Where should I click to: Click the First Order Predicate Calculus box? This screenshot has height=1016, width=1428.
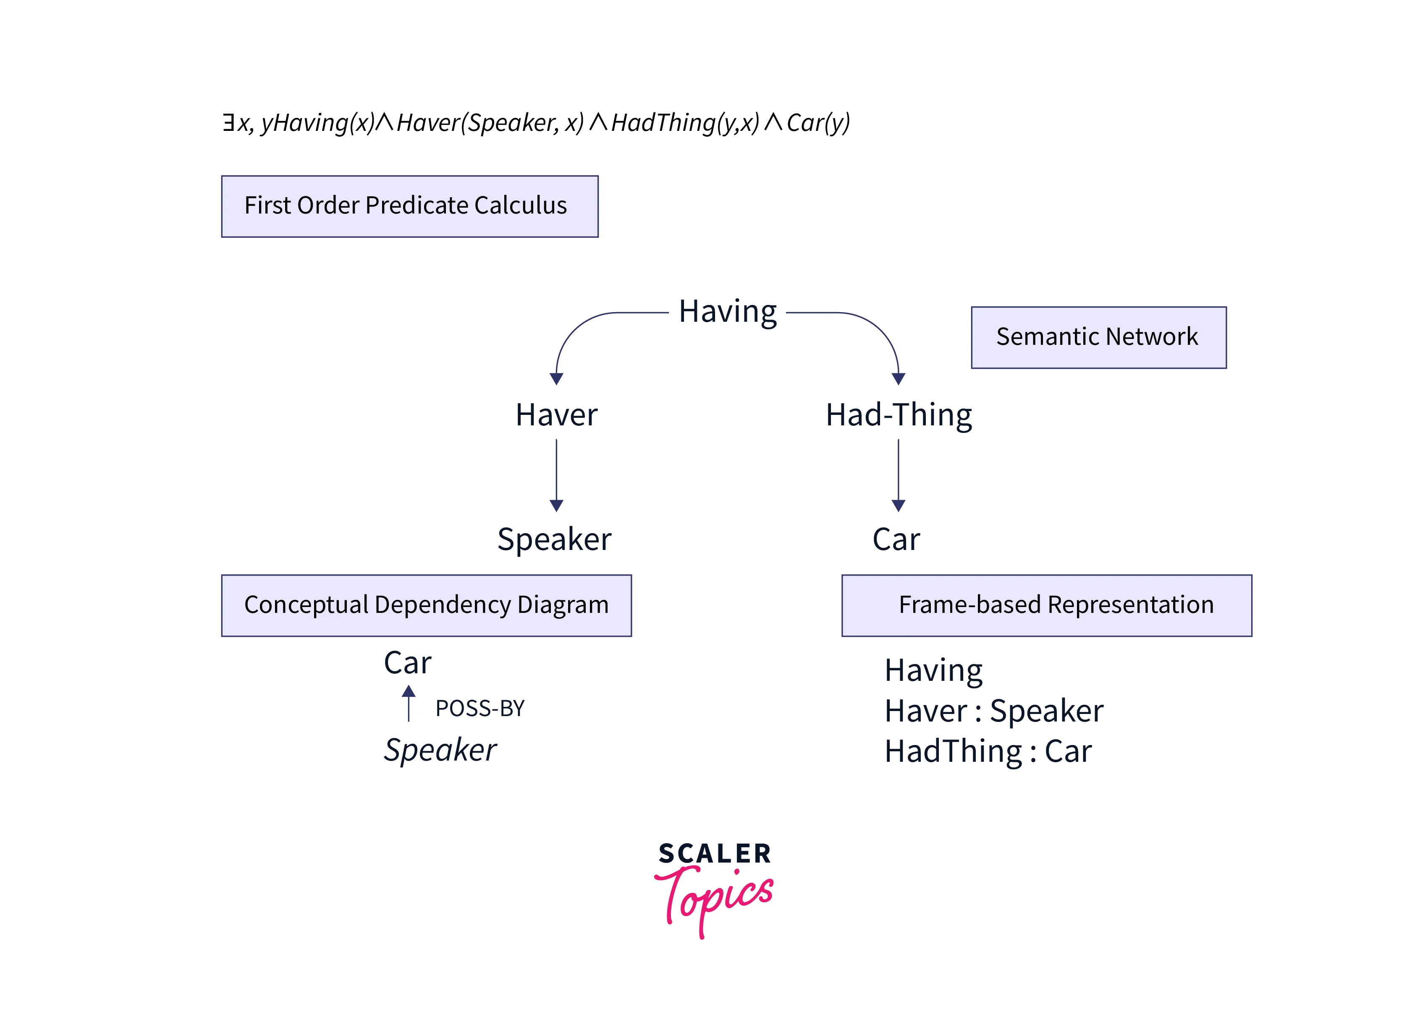click(x=409, y=206)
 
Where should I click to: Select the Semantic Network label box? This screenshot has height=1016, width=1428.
click(x=1098, y=337)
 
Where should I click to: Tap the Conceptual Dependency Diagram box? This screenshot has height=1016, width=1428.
click(x=426, y=605)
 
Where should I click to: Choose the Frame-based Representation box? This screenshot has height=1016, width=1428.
click(x=1046, y=605)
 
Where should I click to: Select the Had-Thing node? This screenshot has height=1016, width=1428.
click(x=899, y=415)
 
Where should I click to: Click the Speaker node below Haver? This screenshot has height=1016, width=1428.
click(x=554, y=539)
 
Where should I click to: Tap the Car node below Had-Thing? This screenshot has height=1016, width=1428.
click(x=896, y=539)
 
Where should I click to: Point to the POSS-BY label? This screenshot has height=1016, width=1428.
click(x=479, y=708)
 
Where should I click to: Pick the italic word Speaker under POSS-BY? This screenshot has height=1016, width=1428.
click(x=440, y=750)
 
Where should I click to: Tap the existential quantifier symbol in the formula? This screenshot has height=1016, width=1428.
click(x=228, y=122)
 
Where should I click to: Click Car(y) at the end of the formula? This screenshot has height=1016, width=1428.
click(x=817, y=122)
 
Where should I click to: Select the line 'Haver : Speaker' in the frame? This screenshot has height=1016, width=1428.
click(x=993, y=711)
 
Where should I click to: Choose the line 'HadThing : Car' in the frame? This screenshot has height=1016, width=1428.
click(x=988, y=751)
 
